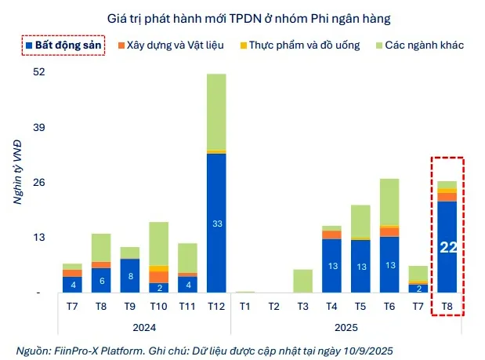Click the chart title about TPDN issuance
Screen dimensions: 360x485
pyautogui.click(x=244, y=17)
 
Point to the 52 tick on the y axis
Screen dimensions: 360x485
pyautogui.click(x=39, y=72)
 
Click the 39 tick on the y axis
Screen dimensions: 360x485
pyautogui.click(x=39, y=127)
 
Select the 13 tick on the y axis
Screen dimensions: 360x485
pyautogui.click(x=39, y=237)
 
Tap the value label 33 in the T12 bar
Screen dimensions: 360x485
pyautogui.click(x=216, y=224)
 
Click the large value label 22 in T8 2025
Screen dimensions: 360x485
pyautogui.click(x=447, y=249)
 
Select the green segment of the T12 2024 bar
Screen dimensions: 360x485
pyautogui.click(x=216, y=111)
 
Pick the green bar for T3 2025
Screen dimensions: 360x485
pyautogui.click(x=303, y=281)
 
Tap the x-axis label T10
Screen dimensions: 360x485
pyautogui.click(x=158, y=306)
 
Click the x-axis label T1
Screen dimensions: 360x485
pyautogui.click(x=245, y=306)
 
